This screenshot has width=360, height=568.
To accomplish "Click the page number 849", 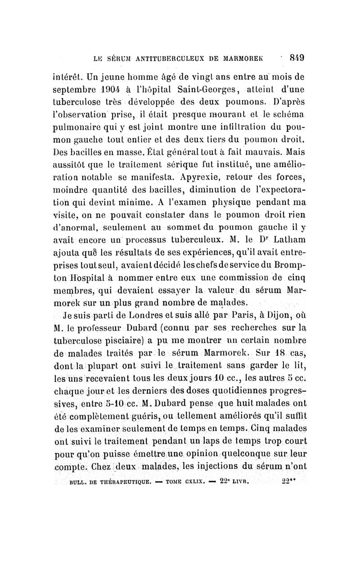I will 298,58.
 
